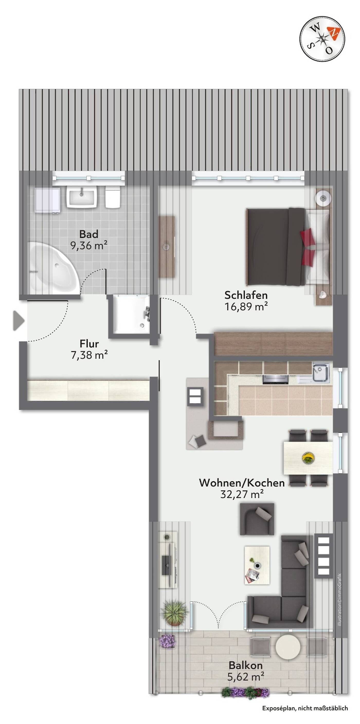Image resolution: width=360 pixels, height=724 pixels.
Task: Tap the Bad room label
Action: point(89,234)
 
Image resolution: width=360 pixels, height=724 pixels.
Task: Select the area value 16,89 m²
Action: point(246,306)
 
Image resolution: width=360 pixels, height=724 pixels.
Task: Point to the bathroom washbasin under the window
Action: point(82,197)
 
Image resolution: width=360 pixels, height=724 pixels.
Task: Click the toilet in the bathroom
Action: point(113,197)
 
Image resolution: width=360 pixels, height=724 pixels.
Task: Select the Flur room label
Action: point(89,344)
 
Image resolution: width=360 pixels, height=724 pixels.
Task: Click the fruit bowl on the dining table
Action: point(308,458)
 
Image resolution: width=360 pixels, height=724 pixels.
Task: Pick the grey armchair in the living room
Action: point(257,518)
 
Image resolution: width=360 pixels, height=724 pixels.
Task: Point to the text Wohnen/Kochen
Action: point(242,482)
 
